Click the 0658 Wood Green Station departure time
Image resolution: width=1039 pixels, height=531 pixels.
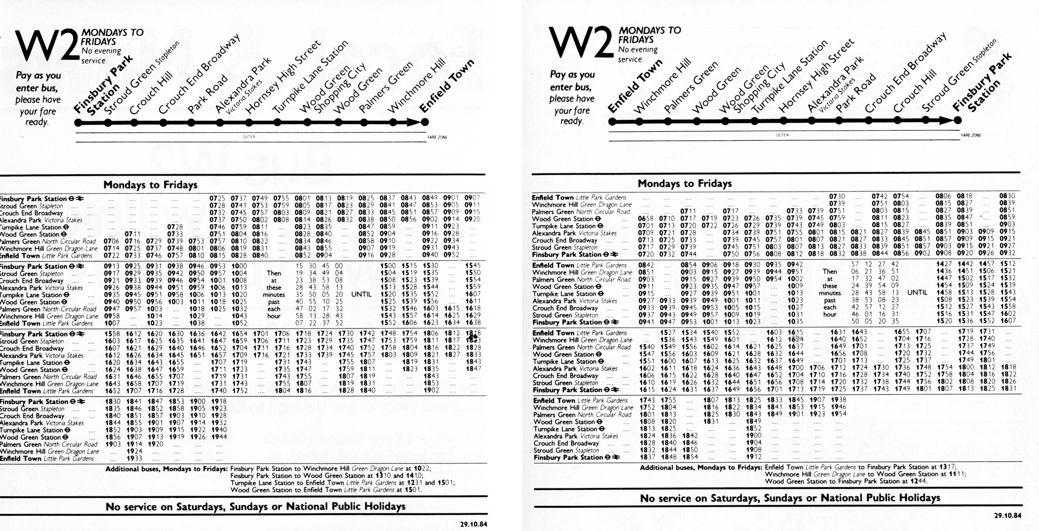coord(646,219)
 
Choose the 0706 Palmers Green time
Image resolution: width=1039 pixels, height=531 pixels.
coord(112,241)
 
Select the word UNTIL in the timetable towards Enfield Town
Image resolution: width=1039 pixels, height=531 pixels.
coord(362,294)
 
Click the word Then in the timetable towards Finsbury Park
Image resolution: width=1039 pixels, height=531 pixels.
coord(830,271)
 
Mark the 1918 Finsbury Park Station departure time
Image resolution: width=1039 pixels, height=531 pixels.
coord(219,401)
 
